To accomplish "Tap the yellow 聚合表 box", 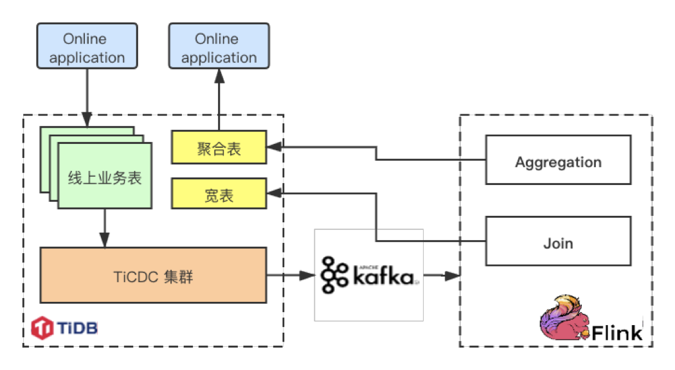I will (219, 147).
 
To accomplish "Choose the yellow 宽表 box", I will (219, 194).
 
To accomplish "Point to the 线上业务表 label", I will (105, 177).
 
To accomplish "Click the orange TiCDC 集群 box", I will (153, 276).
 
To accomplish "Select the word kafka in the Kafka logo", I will (383, 276).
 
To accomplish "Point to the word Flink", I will (617, 332).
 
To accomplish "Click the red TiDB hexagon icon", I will (43, 328).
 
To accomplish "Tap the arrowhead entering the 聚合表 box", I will (273, 147).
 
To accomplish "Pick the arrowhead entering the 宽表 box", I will (273, 192).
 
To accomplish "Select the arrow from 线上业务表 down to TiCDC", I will (105, 227).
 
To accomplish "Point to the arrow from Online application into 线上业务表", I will (87, 96).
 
